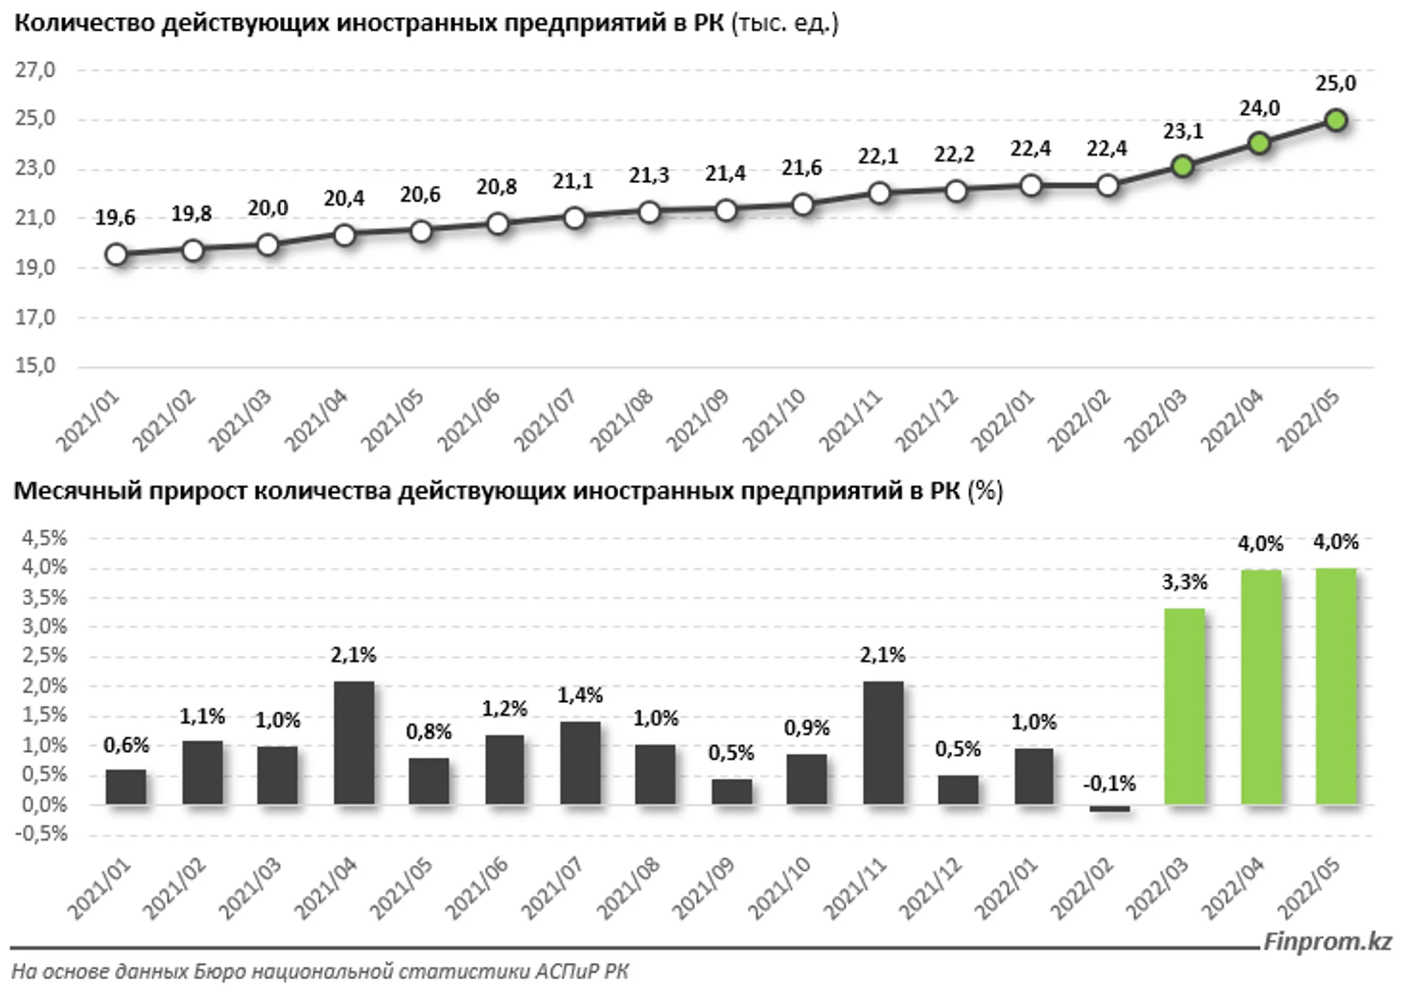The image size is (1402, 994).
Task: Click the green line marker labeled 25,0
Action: click(1336, 120)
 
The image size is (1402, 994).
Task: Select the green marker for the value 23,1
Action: click(1183, 167)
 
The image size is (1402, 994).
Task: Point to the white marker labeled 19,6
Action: click(116, 255)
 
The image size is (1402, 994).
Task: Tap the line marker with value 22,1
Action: click(879, 193)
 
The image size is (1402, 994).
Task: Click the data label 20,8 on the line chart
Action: click(497, 187)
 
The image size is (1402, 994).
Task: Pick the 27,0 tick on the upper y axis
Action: click(36, 70)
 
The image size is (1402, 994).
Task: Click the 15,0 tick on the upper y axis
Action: click(36, 366)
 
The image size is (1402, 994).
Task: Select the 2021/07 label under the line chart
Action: click(545, 419)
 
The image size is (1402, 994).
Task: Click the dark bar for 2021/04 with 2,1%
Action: click(354, 743)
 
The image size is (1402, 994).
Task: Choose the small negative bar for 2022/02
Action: click(1109, 808)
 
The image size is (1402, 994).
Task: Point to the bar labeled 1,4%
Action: click(580, 763)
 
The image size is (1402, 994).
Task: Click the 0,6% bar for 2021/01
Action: click(126, 787)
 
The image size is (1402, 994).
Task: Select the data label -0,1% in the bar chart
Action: click(1109, 784)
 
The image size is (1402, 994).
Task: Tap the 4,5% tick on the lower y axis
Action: click(44, 538)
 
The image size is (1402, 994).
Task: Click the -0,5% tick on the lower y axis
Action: click(44, 833)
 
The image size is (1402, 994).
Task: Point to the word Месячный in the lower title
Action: click(77, 491)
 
